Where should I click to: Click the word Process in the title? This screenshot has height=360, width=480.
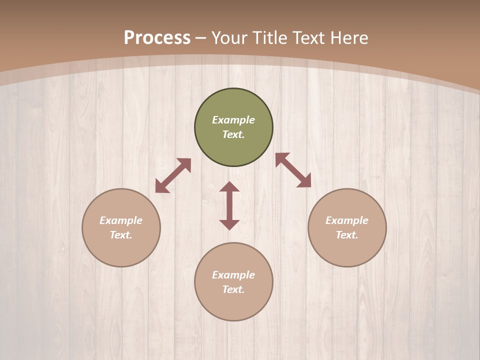pos(157,38)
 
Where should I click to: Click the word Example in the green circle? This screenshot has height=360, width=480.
pos(233,120)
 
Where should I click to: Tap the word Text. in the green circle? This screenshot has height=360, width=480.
pos(233,134)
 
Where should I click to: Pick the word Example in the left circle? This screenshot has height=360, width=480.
pos(121,220)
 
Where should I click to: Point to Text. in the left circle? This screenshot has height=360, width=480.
pos(121,235)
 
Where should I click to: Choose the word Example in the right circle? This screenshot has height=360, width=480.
pos(347,220)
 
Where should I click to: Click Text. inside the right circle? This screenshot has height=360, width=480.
pos(347,235)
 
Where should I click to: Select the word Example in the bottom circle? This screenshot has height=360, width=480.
pos(233,275)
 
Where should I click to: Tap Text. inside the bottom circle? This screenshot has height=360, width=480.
pos(233,289)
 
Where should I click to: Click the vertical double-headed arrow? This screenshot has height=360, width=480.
pos(229,205)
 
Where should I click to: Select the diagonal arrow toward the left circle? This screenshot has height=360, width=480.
pos(173,175)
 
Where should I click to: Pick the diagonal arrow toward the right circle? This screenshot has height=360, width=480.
pos(293,170)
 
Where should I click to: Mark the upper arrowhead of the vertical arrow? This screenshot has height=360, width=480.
pos(229,186)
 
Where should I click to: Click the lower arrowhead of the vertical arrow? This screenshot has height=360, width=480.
pos(229,224)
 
